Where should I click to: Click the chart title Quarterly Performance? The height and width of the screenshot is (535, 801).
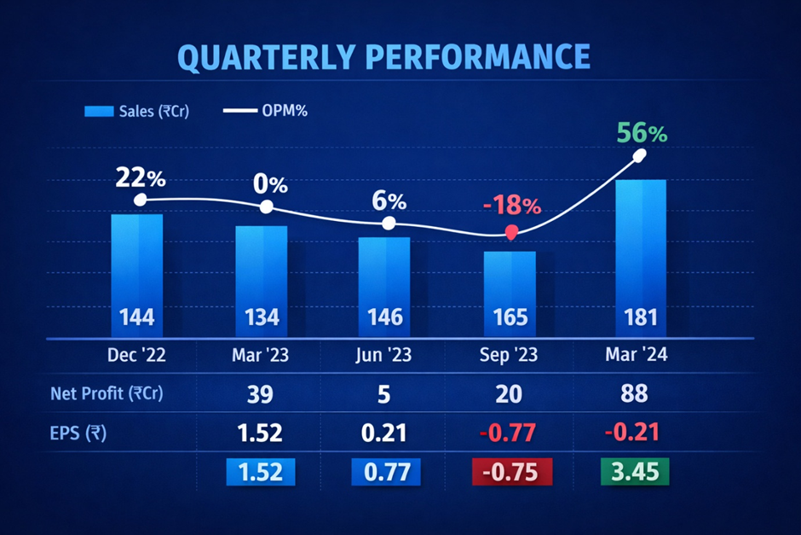383,56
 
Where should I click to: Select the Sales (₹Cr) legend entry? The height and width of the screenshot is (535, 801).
136,111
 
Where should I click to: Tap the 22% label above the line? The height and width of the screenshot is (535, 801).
141,179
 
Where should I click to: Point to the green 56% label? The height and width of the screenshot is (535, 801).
642,134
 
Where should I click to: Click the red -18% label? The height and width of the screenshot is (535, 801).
510,206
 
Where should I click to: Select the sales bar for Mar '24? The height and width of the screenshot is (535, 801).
641,256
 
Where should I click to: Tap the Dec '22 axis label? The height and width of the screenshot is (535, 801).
137,356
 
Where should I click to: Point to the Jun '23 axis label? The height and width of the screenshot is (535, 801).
385,356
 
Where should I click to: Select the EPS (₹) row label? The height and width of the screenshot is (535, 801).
78,433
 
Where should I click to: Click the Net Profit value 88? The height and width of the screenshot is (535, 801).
634,394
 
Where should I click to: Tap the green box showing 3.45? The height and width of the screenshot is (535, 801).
634,471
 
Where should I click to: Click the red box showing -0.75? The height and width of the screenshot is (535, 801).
511,471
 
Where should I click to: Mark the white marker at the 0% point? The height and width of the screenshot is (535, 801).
267,207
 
